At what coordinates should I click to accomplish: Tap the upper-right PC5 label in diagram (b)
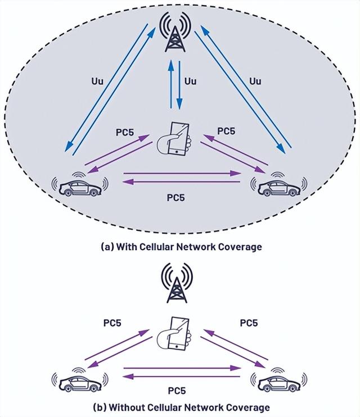(x=249, y=323)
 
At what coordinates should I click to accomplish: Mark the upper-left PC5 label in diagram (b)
(x=112, y=323)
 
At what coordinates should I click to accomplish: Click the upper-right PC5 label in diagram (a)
(x=226, y=131)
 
